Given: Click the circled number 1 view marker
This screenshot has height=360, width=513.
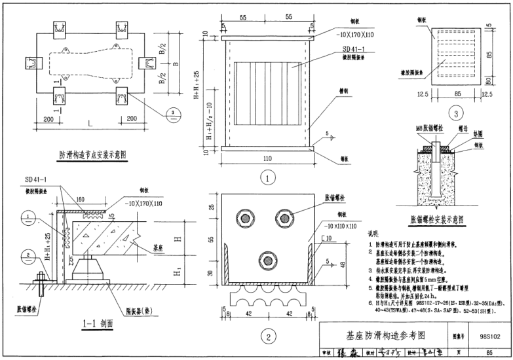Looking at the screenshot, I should tap(265, 176).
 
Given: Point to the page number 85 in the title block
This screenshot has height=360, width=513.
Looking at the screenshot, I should tap(489, 352).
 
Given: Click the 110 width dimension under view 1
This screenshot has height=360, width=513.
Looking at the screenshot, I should tap(266, 159).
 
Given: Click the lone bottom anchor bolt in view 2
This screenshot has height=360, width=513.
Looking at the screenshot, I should tap(266, 261).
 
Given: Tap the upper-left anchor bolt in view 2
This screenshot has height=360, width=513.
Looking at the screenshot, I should tap(247, 219).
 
